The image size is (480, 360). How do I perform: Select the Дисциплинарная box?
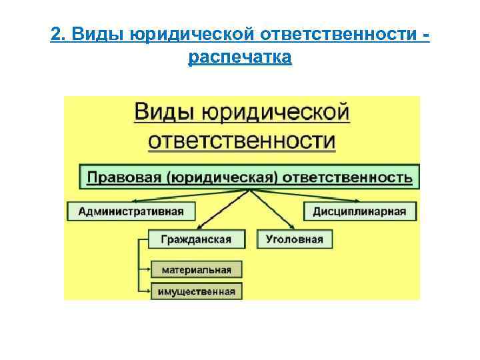[x=360, y=211]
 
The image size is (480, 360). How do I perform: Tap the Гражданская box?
[x=190, y=239]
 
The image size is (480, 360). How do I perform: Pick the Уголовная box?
[x=294, y=239]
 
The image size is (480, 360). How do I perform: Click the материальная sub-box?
[x=196, y=269]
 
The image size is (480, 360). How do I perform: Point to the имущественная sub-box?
[x=197, y=291]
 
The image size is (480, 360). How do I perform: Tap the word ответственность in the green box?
[x=347, y=177]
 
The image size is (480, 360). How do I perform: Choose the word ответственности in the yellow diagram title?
[x=242, y=141]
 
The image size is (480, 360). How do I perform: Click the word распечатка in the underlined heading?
[x=240, y=58]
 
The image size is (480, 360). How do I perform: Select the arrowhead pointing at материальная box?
[x=147, y=269]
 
